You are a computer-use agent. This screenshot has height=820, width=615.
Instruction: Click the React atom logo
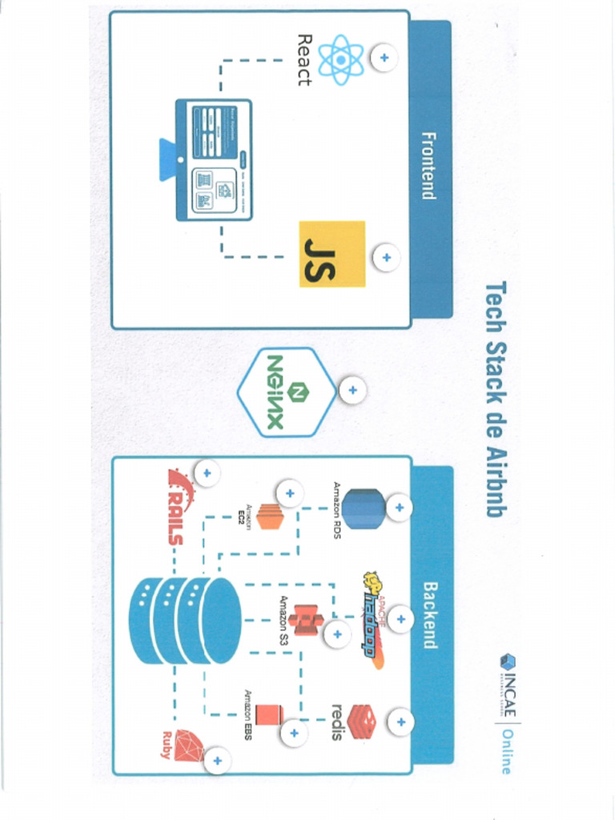click(x=341, y=59)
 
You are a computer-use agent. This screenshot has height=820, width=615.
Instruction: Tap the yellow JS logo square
click(x=332, y=254)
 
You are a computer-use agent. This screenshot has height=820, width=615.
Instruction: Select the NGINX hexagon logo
click(x=286, y=392)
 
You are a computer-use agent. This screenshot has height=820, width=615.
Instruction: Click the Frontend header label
click(x=428, y=166)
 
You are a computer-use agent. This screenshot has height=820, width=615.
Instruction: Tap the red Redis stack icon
click(x=362, y=722)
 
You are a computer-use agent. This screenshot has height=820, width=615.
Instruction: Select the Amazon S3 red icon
click(x=306, y=620)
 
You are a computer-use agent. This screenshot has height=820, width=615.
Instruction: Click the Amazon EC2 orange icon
click(x=270, y=517)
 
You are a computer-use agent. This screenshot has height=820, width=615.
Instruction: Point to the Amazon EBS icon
click(x=270, y=714)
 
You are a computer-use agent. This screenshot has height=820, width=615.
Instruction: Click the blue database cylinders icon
click(x=184, y=621)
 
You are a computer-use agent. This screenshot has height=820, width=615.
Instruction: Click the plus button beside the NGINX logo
click(x=352, y=391)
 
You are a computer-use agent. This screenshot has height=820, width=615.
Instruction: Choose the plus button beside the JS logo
click(x=386, y=257)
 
